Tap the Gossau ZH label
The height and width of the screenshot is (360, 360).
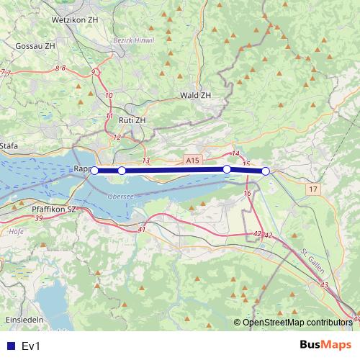click(x=35, y=45)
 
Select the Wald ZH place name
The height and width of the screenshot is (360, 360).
click(x=195, y=95)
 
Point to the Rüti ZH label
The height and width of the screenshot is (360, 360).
click(x=131, y=120)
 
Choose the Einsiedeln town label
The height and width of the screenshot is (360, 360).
click(x=24, y=318)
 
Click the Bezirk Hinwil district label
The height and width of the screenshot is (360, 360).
click(x=134, y=40)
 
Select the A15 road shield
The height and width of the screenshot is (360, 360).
click(x=191, y=162)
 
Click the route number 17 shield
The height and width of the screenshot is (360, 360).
click(x=312, y=189)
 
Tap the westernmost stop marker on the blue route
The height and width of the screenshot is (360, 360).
click(x=94, y=171)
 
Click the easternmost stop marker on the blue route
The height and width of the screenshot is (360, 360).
click(x=266, y=171)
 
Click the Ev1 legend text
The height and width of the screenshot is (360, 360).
click(x=32, y=346)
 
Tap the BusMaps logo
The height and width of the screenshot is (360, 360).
click(x=325, y=346)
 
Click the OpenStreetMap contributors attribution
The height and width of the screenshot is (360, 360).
click(x=297, y=323)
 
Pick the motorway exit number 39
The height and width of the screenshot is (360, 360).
click(x=38, y=217)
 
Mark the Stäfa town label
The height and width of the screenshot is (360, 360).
click(x=9, y=145)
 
